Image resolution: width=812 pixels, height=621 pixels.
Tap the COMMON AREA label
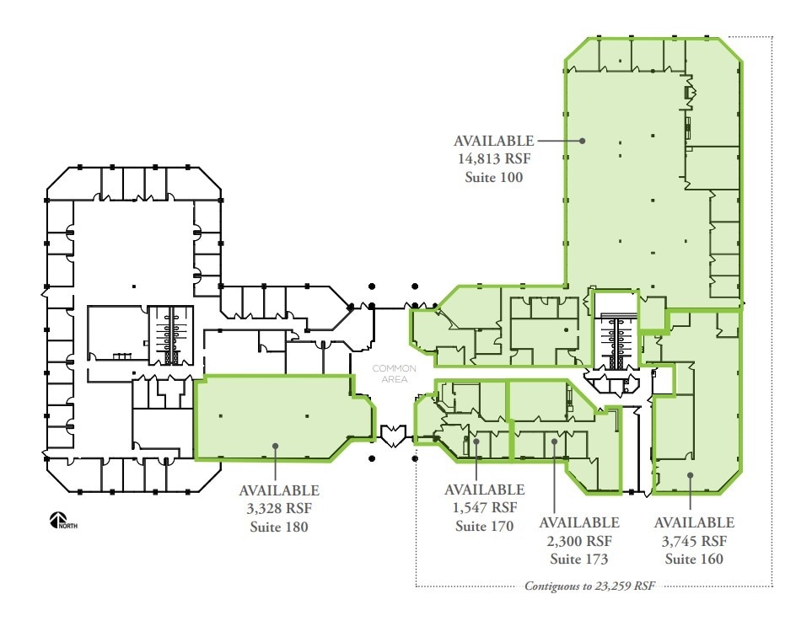pyautogui.click(x=395, y=373)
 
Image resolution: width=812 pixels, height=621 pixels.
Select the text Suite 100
pyautogui.click(x=494, y=177)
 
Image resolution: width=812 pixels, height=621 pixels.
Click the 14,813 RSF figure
pyautogui.click(x=494, y=159)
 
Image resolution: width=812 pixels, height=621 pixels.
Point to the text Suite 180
pyautogui.click(x=279, y=527)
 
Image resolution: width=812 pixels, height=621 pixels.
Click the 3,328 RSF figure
pyautogui.click(x=279, y=508)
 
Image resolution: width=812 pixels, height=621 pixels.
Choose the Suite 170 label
pyautogui.click(x=484, y=526)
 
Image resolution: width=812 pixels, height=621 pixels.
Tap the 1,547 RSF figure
pyautogui.click(x=484, y=507)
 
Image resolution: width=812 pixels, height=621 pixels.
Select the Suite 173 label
pyautogui.click(x=579, y=559)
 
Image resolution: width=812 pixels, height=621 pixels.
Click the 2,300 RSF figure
pyautogui.click(x=579, y=541)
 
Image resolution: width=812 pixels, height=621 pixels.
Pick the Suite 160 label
pyautogui.click(x=694, y=559)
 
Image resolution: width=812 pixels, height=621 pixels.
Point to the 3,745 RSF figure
pyautogui.click(x=694, y=541)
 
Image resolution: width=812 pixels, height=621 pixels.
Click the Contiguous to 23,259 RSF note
pyautogui.click(x=589, y=586)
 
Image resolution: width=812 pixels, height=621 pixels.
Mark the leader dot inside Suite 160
pyautogui.click(x=690, y=475)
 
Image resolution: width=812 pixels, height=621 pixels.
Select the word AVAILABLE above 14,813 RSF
pyautogui.click(x=494, y=141)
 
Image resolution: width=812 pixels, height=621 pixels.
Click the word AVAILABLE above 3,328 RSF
pyautogui.click(x=279, y=490)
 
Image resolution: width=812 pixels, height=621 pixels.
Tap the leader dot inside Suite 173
pyautogui.click(x=553, y=441)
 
